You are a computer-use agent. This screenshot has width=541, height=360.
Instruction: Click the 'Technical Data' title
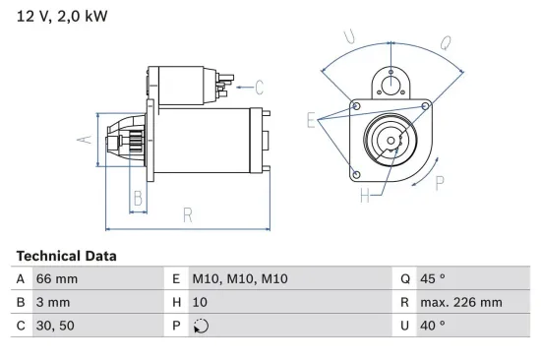[66, 256]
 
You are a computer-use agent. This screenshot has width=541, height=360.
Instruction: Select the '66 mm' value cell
[56, 279]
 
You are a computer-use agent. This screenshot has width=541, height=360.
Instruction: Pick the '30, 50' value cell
[55, 326]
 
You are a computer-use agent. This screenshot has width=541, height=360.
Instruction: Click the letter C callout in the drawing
[259, 86]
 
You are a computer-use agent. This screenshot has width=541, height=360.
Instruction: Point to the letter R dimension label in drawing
[187, 214]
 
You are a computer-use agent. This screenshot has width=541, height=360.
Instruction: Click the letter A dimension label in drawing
[85, 139]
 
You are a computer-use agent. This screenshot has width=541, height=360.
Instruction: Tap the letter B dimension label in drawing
[138, 200]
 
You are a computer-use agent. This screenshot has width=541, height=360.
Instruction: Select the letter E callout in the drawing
[312, 121]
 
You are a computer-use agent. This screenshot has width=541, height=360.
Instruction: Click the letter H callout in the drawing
[364, 196]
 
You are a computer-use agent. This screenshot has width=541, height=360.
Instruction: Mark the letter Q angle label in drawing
[445, 42]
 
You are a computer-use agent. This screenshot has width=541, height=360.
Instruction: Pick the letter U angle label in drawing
[349, 37]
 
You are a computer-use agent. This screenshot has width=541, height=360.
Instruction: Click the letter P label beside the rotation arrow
[439, 181]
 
